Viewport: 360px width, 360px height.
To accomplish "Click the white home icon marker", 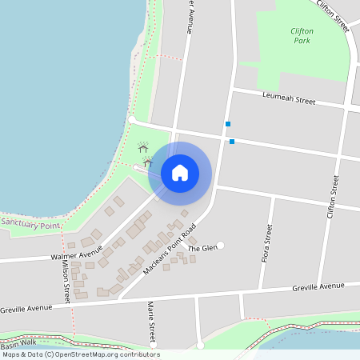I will [180, 172].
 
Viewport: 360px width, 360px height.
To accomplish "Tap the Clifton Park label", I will [302, 35].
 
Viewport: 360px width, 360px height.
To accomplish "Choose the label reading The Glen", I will [202, 248].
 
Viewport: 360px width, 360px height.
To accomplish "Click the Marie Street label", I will [150, 322].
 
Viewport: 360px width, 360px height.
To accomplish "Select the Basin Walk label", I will [18, 344].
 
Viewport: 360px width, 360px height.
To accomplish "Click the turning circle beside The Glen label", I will [221, 245].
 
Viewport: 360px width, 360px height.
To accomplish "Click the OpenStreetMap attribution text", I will [81, 354].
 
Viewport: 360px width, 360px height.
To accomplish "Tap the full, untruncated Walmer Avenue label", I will [77, 256].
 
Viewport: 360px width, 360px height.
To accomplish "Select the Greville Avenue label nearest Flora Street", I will [318, 286].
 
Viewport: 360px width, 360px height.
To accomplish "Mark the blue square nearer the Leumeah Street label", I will [228, 124].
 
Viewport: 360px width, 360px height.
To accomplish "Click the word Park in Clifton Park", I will [302, 40].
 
